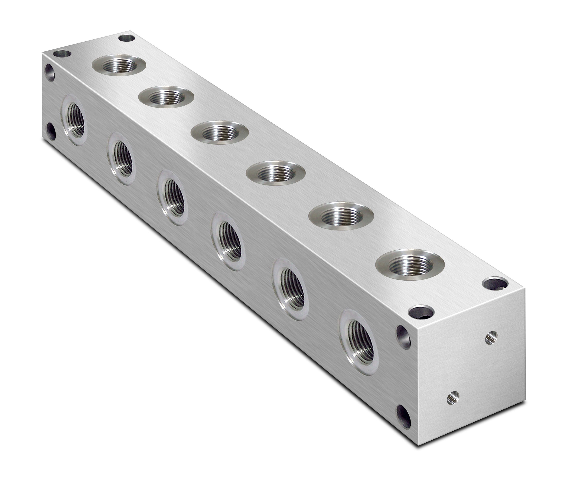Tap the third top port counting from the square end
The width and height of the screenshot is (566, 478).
(x=276, y=173)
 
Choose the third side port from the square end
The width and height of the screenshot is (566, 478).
(x=228, y=242)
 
